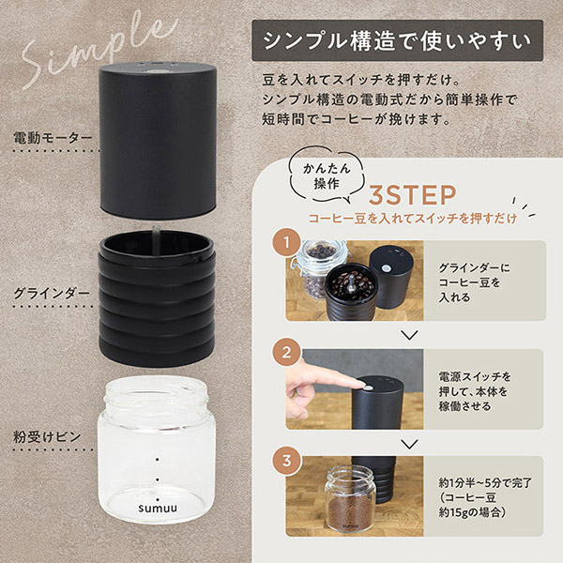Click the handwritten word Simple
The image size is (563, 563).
[97, 51]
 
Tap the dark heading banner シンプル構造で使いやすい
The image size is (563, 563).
[398, 40]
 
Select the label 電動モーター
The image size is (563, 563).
[53, 138]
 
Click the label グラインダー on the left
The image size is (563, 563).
[52, 294]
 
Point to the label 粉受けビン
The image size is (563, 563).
[47, 437]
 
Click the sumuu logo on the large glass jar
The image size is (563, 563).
[158, 509]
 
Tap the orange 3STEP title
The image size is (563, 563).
[412, 195]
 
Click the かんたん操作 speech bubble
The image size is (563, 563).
[327, 175]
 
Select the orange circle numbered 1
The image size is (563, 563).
[286, 243]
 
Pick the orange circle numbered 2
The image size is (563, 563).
[286, 352]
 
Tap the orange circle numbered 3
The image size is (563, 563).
[286, 460]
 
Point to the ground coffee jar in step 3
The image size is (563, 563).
[350, 499]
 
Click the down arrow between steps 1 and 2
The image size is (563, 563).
[409, 335]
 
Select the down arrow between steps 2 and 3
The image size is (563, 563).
[409, 444]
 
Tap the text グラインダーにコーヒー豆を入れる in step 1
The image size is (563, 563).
[474, 282]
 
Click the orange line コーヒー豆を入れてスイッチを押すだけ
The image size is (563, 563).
[413, 219]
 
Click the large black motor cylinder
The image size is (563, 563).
[158, 141]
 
